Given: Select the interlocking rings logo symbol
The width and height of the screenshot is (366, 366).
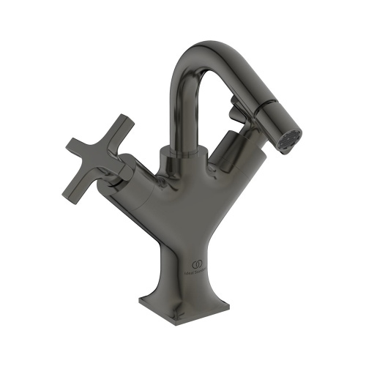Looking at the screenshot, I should (196, 262).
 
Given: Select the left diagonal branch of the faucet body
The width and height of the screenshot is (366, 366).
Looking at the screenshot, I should (146, 194).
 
